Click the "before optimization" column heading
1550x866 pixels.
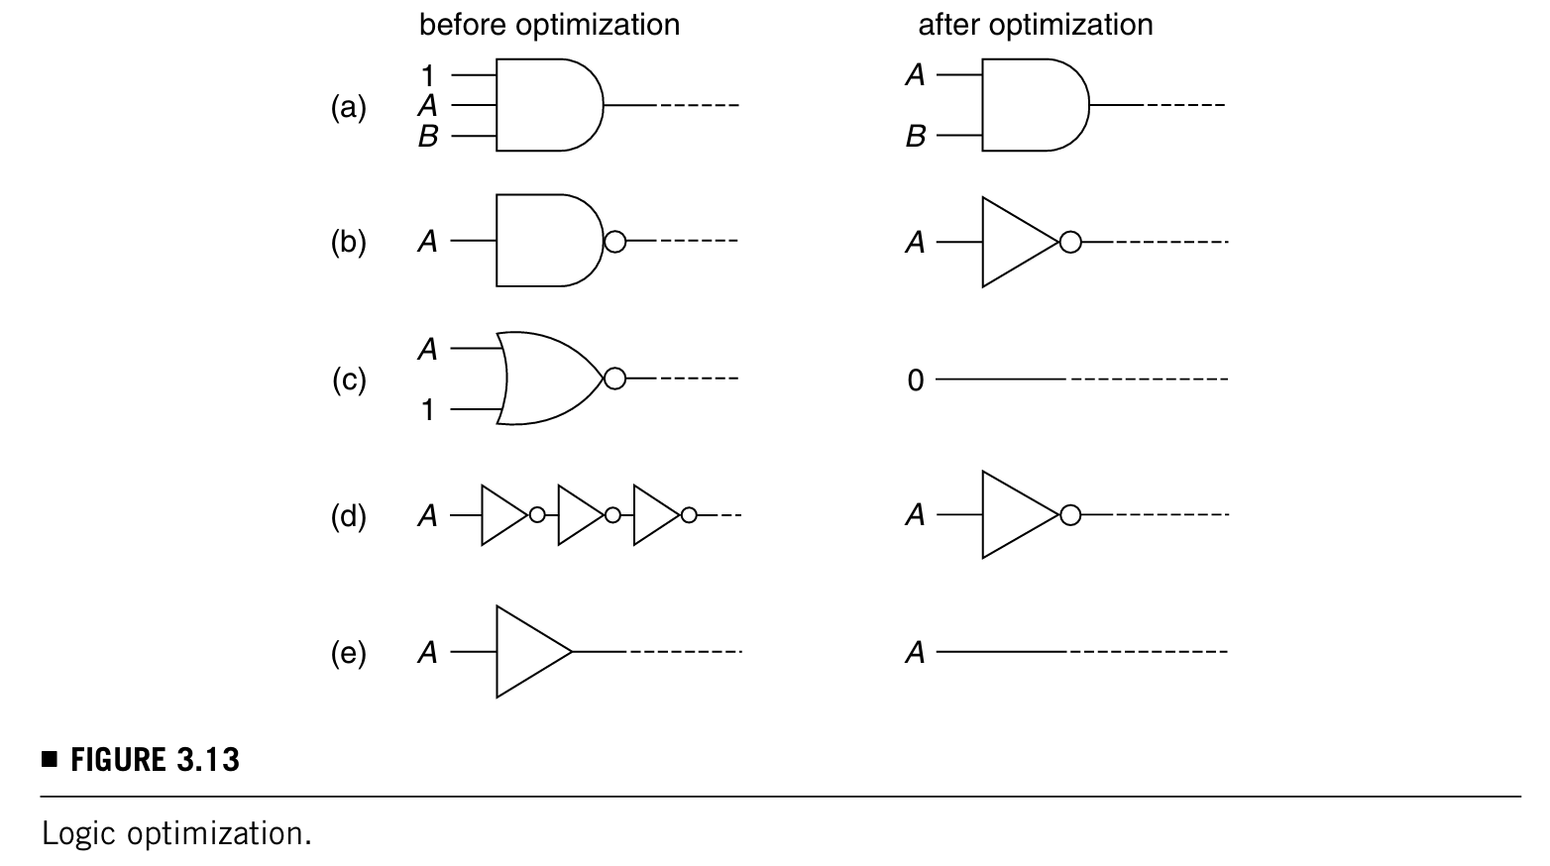pos(549,25)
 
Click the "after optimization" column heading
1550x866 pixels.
pos(1035,25)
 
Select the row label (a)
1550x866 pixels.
pos(348,106)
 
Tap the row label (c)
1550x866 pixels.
pos(348,379)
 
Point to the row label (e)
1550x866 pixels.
pos(348,653)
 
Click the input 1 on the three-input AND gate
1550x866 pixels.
pos(427,75)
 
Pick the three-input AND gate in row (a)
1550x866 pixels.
pos(545,105)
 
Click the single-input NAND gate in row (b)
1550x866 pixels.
pos(545,241)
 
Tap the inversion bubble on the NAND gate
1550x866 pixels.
pos(614,241)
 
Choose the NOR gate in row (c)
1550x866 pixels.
pos(550,379)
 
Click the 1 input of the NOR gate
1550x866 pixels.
pos(427,409)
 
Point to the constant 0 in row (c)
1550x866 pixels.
pos(915,380)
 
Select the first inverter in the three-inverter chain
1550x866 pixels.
pos(502,515)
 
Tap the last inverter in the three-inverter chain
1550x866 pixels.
pos(655,515)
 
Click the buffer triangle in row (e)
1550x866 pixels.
pos(530,652)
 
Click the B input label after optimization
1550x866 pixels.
pos(915,137)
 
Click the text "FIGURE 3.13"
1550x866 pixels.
pos(155,760)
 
